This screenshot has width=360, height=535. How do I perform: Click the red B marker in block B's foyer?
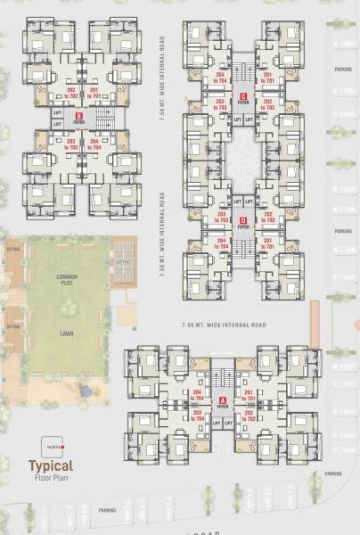(79, 114)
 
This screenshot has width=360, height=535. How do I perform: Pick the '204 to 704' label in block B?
(93, 144)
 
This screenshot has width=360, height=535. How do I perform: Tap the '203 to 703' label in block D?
(222, 218)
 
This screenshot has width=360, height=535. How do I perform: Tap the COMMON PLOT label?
(68, 279)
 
